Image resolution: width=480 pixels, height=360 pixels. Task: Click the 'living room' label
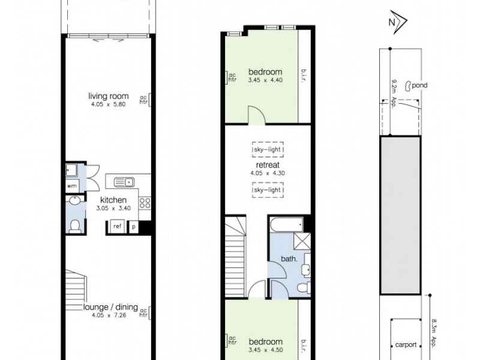pos(109,95)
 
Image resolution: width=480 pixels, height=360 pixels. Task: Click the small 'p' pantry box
pos(133,227)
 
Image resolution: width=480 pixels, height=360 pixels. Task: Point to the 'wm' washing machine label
pos(72,186)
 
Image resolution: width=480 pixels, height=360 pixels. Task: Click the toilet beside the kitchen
pos(74,225)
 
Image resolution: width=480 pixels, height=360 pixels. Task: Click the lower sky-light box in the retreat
pos(268,189)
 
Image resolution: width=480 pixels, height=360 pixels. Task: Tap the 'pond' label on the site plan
pos(419,86)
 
